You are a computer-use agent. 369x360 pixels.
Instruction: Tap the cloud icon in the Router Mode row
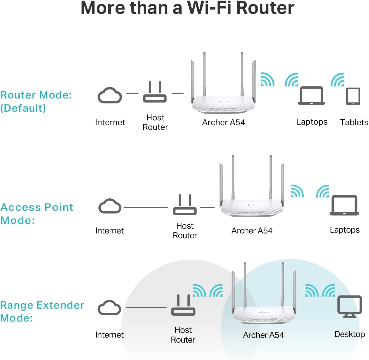click(x=110, y=96)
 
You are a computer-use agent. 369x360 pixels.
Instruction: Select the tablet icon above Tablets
click(x=353, y=97)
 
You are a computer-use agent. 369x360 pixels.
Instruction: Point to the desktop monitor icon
click(x=350, y=306)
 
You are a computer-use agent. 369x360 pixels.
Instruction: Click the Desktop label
click(x=349, y=334)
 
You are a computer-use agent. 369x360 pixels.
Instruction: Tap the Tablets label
click(x=354, y=122)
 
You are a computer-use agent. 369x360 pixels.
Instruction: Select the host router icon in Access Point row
click(x=185, y=205)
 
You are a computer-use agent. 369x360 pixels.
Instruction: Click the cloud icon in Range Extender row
click(x=109, y=308)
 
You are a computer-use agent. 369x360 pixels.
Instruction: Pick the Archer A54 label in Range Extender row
click(x=263, y=335)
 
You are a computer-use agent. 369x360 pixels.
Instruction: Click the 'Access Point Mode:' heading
click(x=36, y=214)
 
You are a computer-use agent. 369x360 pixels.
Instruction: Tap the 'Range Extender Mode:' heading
click(x=42, y=311)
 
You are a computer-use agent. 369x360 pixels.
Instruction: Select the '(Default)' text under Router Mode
click(x=23, y=108)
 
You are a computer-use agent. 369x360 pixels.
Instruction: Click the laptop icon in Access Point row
click(x=344, y=205)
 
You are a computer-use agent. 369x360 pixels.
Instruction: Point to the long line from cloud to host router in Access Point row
click(x=146, y=208)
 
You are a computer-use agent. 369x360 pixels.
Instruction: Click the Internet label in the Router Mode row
click(x=110, y=122)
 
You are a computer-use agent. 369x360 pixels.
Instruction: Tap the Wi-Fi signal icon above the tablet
click(x=337, y=80)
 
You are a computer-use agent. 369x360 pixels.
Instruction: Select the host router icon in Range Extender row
click(x=183, y=306)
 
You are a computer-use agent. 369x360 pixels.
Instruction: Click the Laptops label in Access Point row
click(x=345, y=230)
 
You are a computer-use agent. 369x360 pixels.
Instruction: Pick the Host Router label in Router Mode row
click(x=155, y=122)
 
